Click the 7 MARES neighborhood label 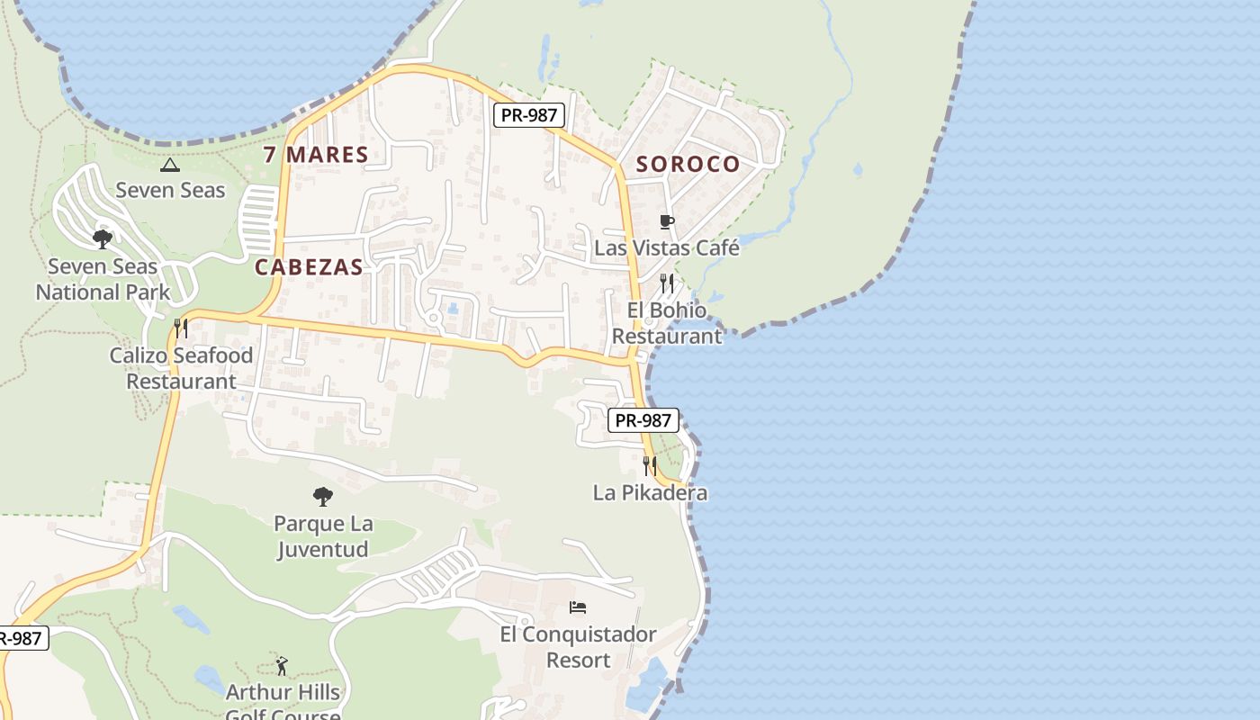point(316,155)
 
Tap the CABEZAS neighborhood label point(309,267)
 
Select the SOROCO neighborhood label point(688,165)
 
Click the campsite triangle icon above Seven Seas point(169,165)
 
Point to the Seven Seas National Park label point(103,279)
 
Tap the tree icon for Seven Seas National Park point(103,239)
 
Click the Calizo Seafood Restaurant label point(181,368)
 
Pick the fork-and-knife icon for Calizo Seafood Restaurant point(181,328)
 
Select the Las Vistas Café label point(667,247)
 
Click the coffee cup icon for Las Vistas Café point(667,221)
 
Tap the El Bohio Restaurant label point(667,323)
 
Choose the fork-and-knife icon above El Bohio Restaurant point(667,283)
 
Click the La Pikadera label point(650,493)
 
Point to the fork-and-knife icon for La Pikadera point(650,465)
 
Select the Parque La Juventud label point(323,536)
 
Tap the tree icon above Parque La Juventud point(323,496)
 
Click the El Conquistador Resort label point(579,647)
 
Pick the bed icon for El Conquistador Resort point(579,607)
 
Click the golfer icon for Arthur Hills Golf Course point(283,666)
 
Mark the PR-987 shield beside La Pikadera point(643,420)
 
